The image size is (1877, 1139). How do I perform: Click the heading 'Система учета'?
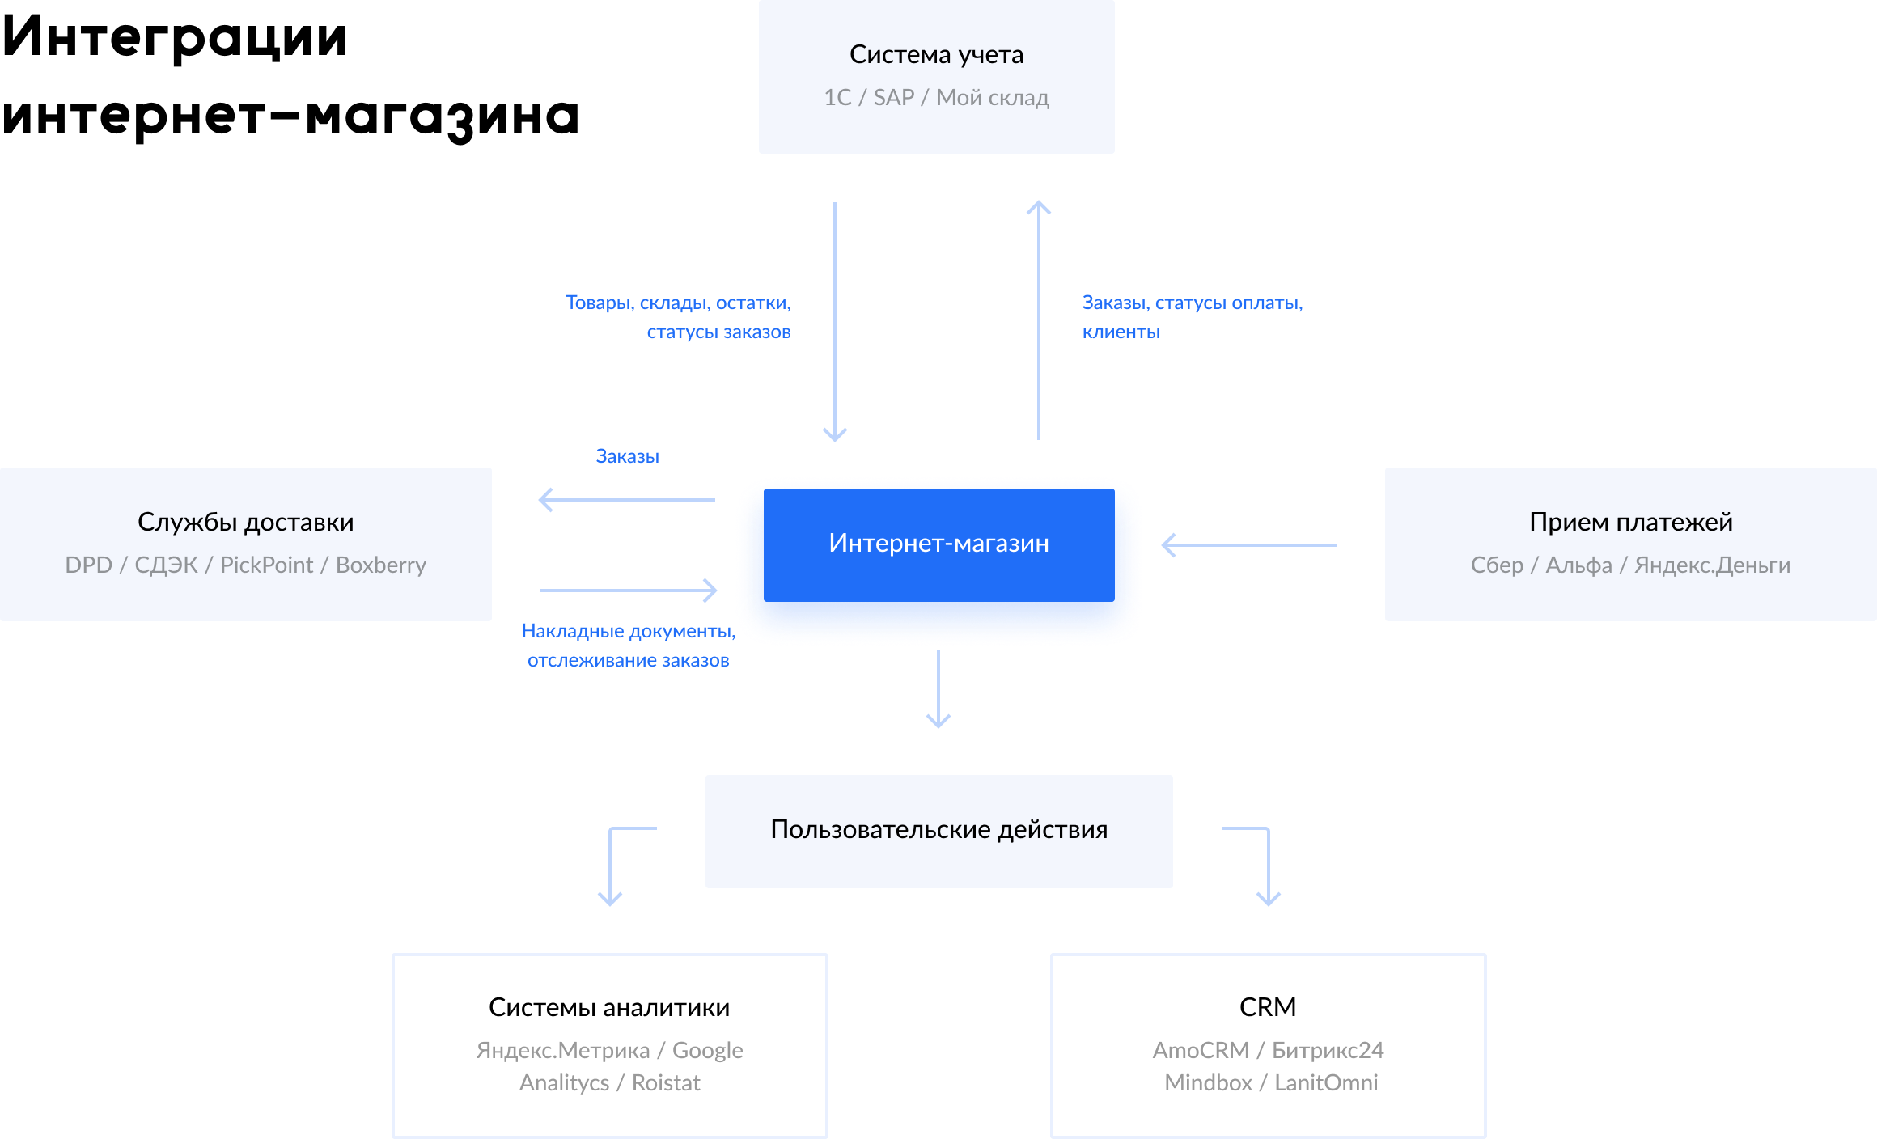pos(936,54)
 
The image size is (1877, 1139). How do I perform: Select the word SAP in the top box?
pos(893,98)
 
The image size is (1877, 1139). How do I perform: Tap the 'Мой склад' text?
pos(992,98)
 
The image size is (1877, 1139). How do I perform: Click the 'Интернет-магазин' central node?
pos(938,543)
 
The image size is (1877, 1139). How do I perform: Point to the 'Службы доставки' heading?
pos(245,522)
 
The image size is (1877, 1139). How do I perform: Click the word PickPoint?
pos(266,565)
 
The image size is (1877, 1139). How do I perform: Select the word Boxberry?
pos(380,565)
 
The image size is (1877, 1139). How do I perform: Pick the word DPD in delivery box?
pos(88,565)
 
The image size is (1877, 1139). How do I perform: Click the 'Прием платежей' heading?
pos(1630,522)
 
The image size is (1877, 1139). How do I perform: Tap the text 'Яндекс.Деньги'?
pos(1712,565)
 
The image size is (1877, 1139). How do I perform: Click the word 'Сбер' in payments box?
pos(1497,565)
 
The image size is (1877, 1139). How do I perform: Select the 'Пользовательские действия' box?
pos(938,831)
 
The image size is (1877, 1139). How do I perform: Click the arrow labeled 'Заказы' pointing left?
pos(627,500)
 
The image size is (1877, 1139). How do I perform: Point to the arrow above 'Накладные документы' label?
pos(629,591)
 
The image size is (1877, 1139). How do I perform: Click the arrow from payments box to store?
pos(1248,545)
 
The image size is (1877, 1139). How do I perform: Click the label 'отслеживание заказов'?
pos(628,661)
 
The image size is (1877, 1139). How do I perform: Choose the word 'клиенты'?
pos(1121,332)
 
